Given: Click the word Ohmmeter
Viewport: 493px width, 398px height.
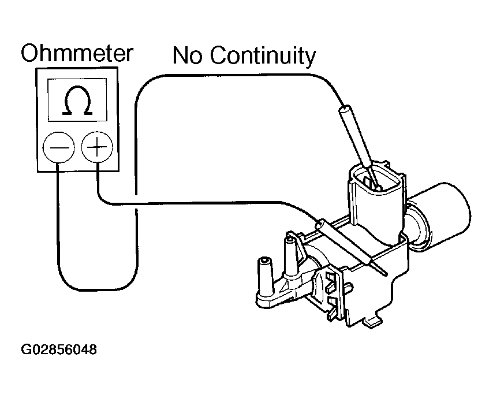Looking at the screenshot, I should [x=77, y=53].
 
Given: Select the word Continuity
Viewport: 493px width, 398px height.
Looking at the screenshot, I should [x=262, y=57].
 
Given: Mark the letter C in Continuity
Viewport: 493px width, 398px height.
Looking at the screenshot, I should [x=218, y=56].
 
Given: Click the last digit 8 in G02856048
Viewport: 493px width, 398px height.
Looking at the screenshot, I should [x=92, y=350].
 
